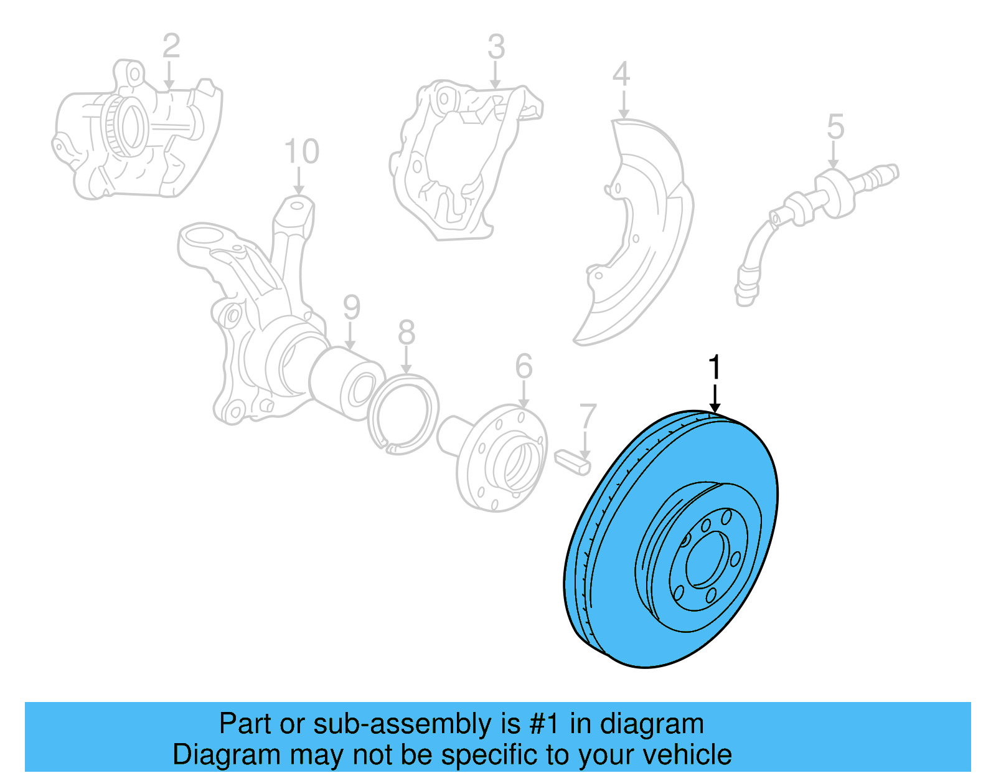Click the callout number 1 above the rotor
[715, 367]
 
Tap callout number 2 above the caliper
[171, 45]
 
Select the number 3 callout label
[496, 47]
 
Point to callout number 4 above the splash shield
[621, 75]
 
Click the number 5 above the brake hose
[835, 127]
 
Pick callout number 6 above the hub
[524, 366]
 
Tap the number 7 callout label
[588, 417]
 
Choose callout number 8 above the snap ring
[406, 333]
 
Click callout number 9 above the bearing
[351, 308]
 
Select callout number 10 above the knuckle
[301, 151]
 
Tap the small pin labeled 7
[571, 463]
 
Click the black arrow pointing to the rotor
[715, 399]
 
